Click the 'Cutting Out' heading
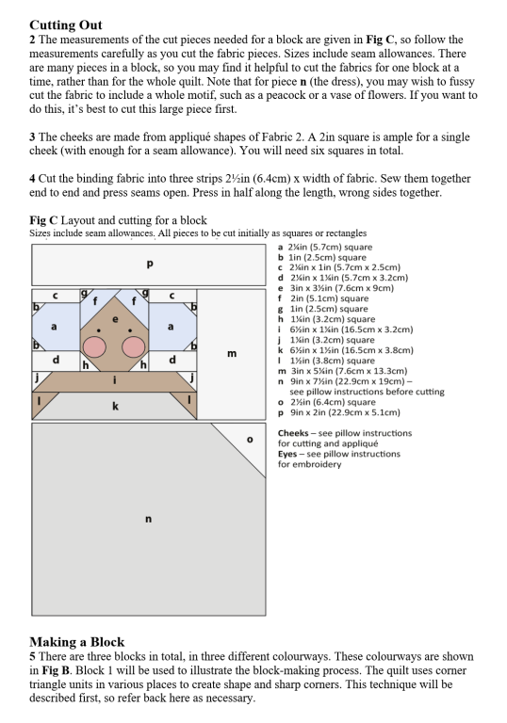[66, 24]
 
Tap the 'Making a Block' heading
[76, 642]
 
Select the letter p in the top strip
[149, 265]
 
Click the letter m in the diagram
[232, 354]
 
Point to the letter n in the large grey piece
[148, 520]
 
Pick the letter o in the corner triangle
[250, 440]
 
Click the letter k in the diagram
[115, 406]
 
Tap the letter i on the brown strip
[115, 380]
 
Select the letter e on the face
[115, 319]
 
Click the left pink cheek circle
[93, 346]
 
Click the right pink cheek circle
[134, 346]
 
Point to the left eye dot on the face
[98, 330]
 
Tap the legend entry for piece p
[339, 412]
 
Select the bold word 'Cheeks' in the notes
[293, 433]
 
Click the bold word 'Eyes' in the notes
[287, 454]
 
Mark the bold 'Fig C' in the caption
[43, 220]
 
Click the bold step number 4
[32, 179]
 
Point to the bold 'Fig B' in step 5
[56, 670]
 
